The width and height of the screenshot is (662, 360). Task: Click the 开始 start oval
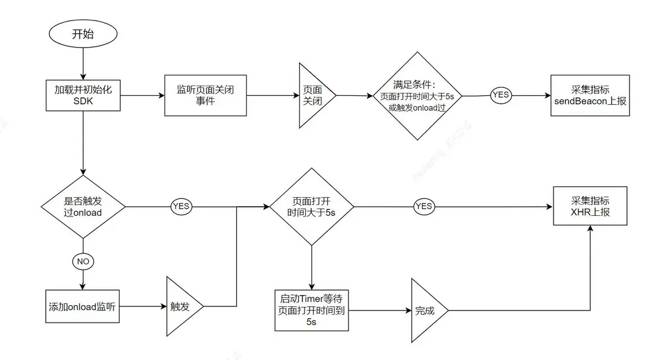pyautogui.click(x=83, y=34)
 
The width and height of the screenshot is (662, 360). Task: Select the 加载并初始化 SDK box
pyautogui.click(x=82, y=95)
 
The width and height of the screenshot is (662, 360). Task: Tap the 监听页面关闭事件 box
pyautogui.click(x=206, y=95)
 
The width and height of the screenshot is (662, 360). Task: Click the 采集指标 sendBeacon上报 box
pyautogui.click(x=590, y=95)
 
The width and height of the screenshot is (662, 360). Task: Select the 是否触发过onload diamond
pyautogui.click(x=83, y=206)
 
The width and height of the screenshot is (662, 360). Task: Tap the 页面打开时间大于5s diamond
pyautogui.click(x=311, y=207)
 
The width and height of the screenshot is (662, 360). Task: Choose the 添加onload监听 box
pyautogui.click(x=82, y=307)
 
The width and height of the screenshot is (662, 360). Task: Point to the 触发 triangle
pyautogui.click(x=181, y=307)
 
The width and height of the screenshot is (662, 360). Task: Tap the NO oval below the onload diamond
pyautogui.click(x=83, y=262)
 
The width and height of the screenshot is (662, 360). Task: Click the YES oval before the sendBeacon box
pyautogui.click(x=501, y=95)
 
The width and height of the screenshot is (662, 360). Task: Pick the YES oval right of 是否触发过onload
pyautogui.click(x=180, y=206)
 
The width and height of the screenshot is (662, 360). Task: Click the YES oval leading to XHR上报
pyautogui.click(x=424, y=206)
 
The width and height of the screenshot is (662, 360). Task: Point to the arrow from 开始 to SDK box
pyautogui.click(x=83, y=64)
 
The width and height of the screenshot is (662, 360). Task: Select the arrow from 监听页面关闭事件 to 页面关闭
pyautogui.click(x=273, y=95)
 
